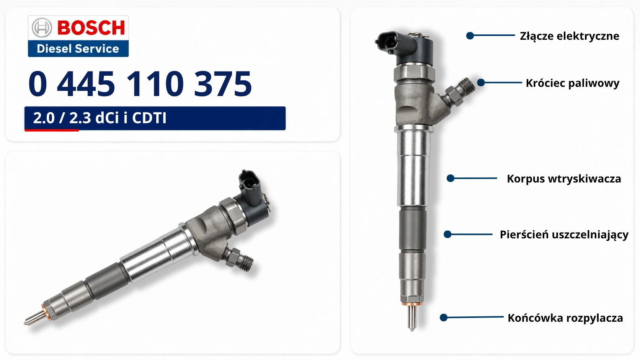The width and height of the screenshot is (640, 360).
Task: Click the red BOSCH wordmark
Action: click(91, 28)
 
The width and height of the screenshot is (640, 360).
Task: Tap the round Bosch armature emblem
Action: click(42, 28)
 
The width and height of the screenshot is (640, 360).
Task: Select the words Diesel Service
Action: click(78, 49)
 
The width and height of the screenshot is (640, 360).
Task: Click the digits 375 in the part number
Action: click(223, 84)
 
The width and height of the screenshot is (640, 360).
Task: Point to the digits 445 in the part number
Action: click(86, 84)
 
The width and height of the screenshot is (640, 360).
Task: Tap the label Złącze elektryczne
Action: click(570, 36)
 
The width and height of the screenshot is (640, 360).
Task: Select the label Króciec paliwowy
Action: click(573, 83)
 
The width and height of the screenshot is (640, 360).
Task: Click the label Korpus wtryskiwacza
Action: click(564, 179)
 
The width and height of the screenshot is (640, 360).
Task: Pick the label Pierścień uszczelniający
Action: click(564, 235)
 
